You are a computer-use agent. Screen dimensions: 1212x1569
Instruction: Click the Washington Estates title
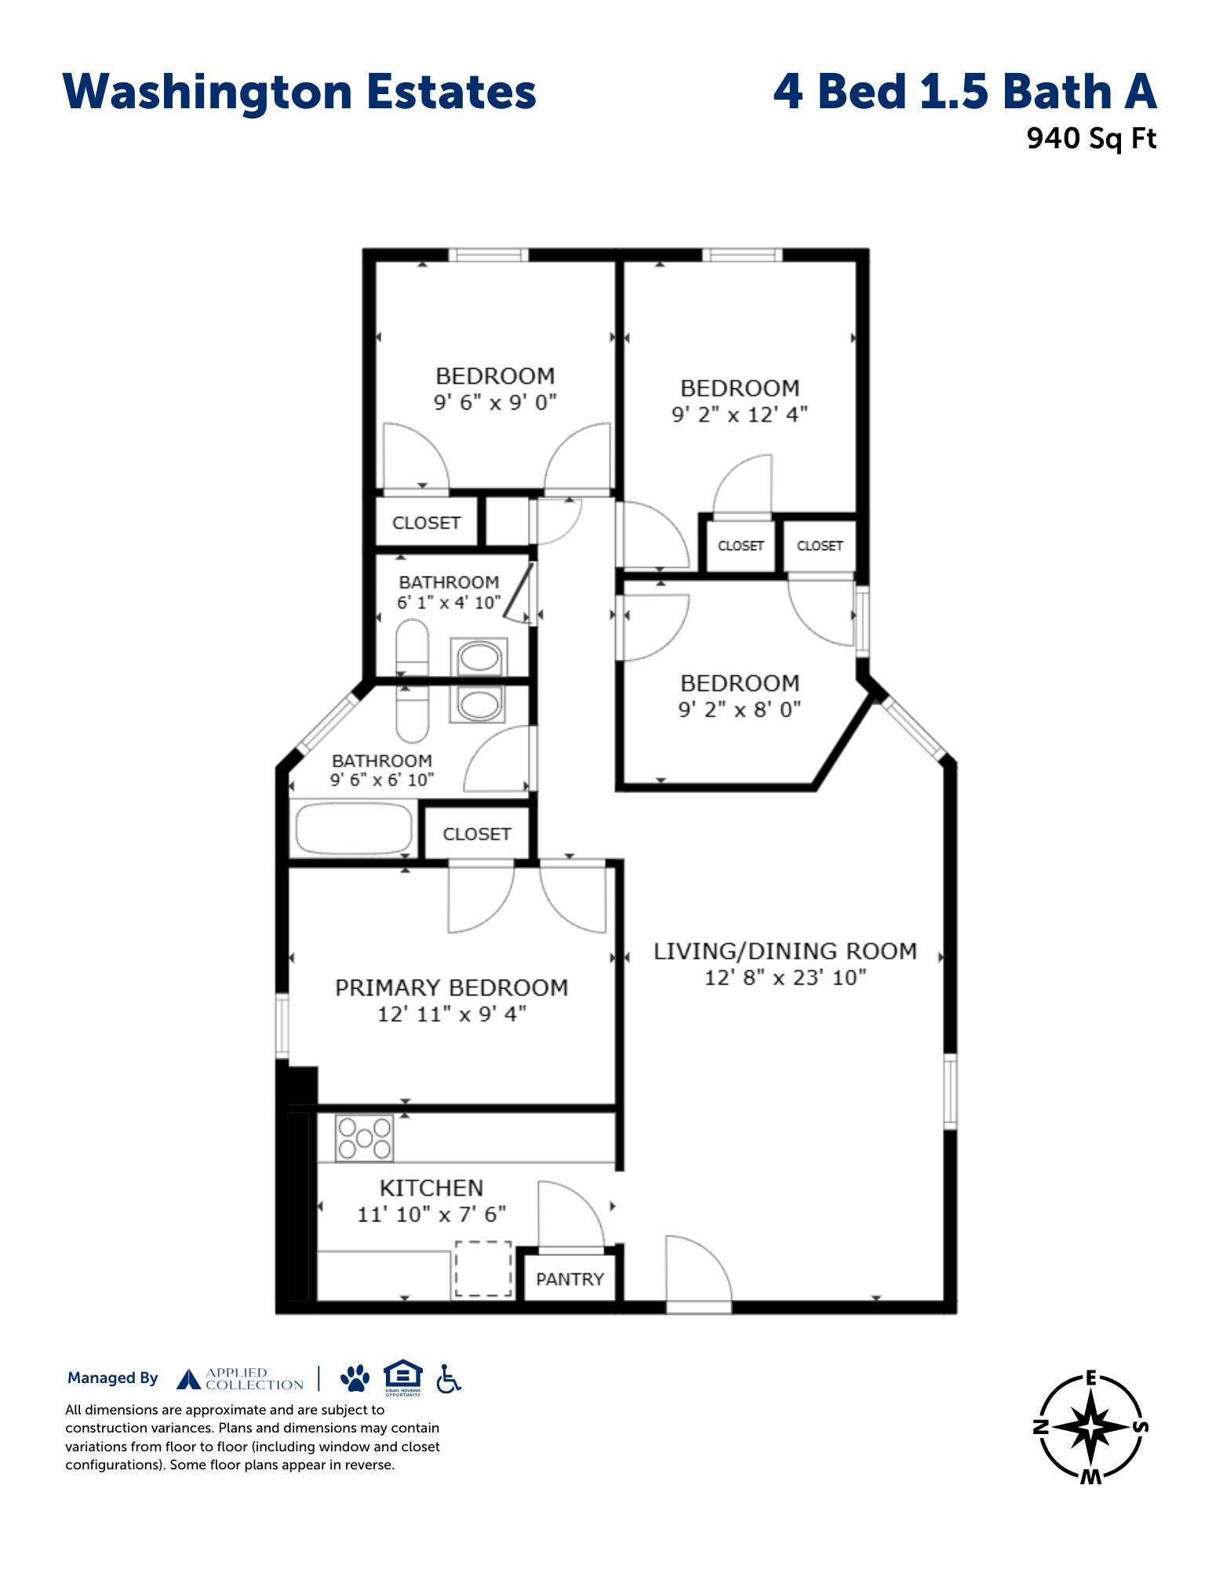(x=299, y=93)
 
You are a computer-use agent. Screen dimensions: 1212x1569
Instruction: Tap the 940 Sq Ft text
(x=1091, y=139)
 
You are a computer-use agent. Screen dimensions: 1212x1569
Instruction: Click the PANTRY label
(x=570, y=1279)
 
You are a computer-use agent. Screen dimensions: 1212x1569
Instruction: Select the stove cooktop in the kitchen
(x=364, y=1138)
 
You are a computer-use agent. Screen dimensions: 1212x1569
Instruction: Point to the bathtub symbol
(x=352, y=828)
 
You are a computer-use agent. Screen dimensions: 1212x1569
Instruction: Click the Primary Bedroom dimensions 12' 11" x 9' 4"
(x=452, y=1014)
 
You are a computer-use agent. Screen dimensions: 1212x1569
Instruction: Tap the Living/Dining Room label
(x=785, y=951)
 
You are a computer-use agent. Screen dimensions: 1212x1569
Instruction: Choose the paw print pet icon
(x=355, y=1378)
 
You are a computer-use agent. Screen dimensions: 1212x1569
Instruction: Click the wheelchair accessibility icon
(x=449, y=1378)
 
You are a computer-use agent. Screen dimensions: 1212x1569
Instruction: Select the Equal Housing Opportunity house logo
(x=403, y=1377)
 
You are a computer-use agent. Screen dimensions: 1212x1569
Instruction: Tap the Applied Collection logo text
(x=254, y=1378)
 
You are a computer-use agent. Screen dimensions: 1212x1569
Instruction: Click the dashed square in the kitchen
(x=484, y=1269)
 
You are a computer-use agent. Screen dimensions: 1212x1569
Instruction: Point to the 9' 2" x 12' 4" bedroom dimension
(x=740, y=414)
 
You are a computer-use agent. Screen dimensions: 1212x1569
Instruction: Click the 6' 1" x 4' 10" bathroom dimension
(x=449, y=602)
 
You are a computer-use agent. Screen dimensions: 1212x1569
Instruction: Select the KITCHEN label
(x=431, y=1188)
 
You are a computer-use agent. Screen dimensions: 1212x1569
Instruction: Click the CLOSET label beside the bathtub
(x=477, y=834)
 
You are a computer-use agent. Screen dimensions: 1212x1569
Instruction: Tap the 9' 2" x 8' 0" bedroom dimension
(x=740, y=709)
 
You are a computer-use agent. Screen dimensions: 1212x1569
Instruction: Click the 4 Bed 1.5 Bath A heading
(x=965, y=92)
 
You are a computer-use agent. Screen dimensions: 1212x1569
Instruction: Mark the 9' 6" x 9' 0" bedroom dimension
(x=495, y=402)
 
